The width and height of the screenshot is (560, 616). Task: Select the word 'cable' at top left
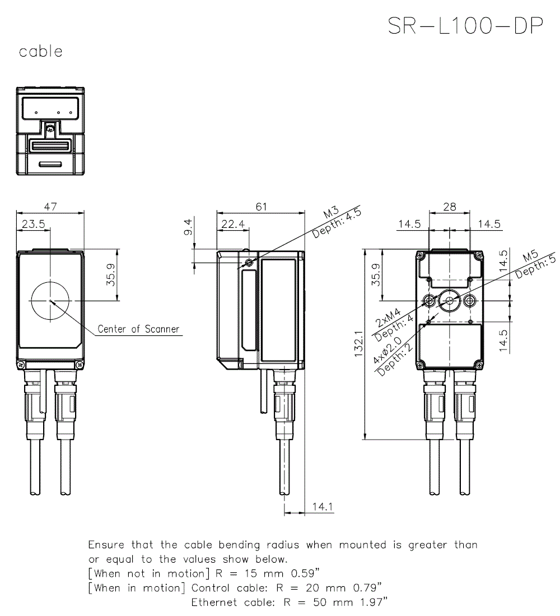[x=40, y=52]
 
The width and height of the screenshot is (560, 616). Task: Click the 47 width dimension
[x=50, y=207]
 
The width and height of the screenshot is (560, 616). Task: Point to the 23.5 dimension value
[x=34, y=224]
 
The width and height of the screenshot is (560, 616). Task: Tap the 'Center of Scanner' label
[x=138, y=329]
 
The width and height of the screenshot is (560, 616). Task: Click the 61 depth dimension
[x=261, y=207]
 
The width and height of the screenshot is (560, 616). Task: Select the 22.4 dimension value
[x=232, y=224]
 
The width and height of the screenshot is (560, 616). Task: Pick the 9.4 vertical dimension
[x=189, y=228]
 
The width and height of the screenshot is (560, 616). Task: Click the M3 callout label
[x=332, y=214]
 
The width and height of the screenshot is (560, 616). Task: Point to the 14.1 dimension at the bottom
[x=323, y=507]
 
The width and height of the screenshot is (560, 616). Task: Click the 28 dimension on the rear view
[x=449, y=207]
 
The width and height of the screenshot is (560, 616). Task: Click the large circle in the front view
[x=50, y=301]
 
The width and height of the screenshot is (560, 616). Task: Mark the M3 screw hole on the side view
[x=249, y=262]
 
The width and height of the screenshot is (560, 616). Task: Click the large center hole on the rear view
[x=450, y=301]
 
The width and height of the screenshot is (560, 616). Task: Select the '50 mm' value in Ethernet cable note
[x=328, y=603]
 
